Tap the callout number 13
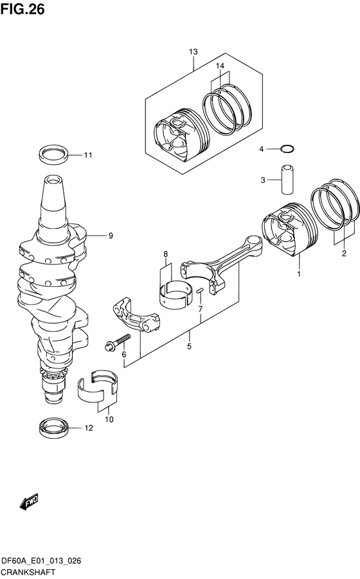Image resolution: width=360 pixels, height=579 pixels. [x=194, y=51]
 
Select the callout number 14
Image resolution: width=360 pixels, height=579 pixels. [x=220, y=66]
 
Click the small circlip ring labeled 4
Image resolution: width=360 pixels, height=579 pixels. [x=288, y=149]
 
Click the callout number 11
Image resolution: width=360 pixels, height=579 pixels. [x=88, y=155]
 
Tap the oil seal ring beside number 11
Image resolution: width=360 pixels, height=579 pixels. [x=53, y=155]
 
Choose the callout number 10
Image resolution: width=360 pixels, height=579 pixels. [x=109, y=419]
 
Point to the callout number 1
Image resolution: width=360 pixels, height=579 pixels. [x=298, y=275]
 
